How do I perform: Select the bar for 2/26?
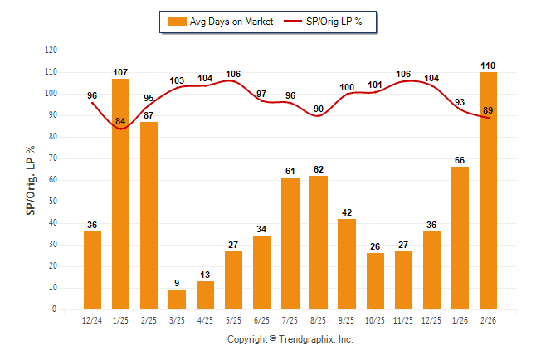coord(488,191)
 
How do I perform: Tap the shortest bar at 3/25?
coord(177,299)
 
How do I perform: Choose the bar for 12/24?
coord(92,270)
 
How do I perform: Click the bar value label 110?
coord(488,65)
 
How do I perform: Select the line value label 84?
coord(120,122)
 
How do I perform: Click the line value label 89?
coord(488,110)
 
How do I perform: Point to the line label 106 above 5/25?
coord(233,74)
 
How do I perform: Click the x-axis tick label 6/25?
coord(261,319)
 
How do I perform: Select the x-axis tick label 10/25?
coord(375,319)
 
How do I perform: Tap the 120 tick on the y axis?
coord(51,51)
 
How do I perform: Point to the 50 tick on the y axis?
coord(53,202)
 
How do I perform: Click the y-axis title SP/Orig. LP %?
coord(31,179)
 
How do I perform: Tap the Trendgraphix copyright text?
coord(290,339)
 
